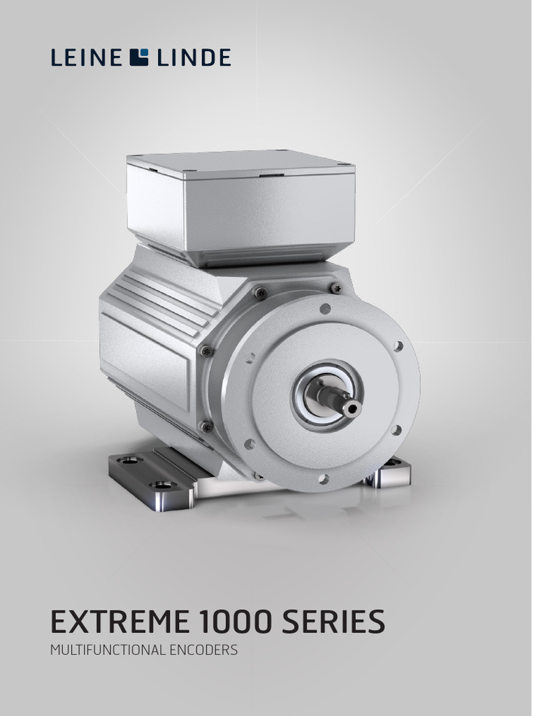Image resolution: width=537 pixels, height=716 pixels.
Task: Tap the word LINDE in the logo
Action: coord(194,57)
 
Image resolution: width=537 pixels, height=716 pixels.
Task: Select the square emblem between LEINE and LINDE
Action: coord(139,57)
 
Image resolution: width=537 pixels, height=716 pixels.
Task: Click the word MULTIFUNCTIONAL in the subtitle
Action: coord(108,650)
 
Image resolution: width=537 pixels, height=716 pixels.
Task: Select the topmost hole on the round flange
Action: coord(325,308)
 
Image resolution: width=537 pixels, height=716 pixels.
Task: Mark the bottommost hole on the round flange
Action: coord(323,478)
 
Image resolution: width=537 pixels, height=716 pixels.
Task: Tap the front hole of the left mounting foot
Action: coord(162,484)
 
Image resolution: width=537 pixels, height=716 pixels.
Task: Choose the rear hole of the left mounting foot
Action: coord(129,460)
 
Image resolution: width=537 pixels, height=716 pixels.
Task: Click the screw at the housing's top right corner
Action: coord(336,287)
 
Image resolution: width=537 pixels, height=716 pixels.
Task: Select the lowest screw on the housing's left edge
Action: coord(206,426)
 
